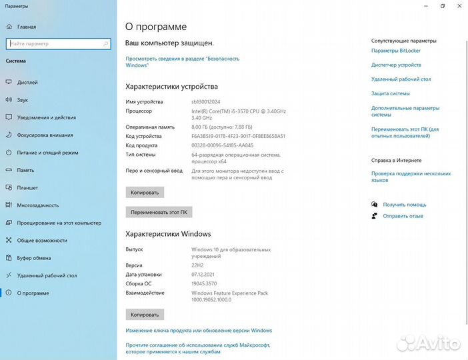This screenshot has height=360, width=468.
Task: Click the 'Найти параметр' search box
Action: (x=57, y=43)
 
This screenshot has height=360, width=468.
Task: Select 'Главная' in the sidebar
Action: (x=27, y=27)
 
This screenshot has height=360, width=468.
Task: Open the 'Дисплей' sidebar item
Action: (x=27, y=83)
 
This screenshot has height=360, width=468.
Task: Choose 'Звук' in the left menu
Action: (x=23, y=100)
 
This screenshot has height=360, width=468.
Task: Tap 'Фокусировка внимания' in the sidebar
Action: (x=45, y=135)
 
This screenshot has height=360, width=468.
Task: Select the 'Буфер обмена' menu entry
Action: (x=34, y=257)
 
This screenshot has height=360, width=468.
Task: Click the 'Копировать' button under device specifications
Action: (x=145, y=192)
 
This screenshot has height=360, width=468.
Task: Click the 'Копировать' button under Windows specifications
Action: (x=145, y=314)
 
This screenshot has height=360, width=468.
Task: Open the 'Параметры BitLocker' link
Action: (x=395, y=51)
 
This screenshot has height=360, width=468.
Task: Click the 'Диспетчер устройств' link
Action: (x=396, y=65)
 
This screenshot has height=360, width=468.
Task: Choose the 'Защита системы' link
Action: (x=391, y=93)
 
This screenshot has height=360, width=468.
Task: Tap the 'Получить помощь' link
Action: (x=404, y=205)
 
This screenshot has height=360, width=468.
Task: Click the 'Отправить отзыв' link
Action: (x=403, y=216)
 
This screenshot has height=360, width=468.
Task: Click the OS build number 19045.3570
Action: (x=207, y=283)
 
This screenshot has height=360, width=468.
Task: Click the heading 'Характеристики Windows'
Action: (x=168, y=234)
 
